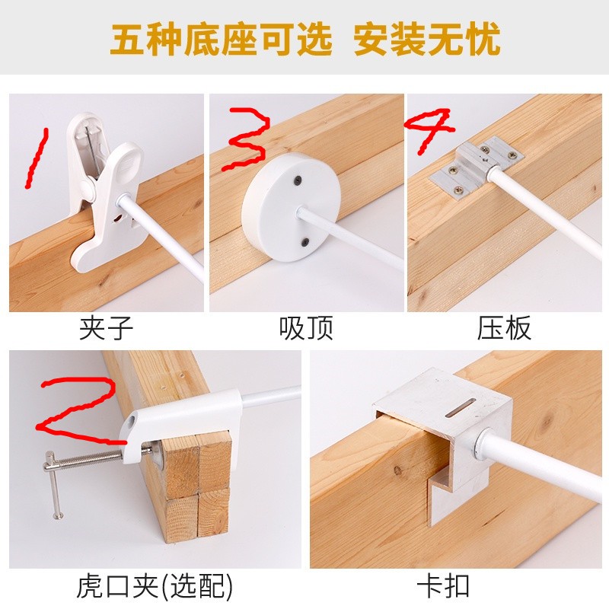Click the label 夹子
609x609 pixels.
pos(106,328)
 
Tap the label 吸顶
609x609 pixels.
pos(306,328)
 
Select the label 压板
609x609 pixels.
pos(504,328)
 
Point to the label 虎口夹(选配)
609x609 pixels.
pos(155,585)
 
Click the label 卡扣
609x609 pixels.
pos(443,585)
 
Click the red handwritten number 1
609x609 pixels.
pos(36,158)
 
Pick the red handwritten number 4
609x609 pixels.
pos(429,130)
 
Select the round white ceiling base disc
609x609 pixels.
pos(291,206)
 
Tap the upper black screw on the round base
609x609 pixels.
pos(298,180)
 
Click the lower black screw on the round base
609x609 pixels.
pos(306,242)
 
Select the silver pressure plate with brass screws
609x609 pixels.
pos(476,167)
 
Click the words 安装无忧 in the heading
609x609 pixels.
pos(426,40)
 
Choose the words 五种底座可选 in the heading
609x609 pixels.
pos(222,40)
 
